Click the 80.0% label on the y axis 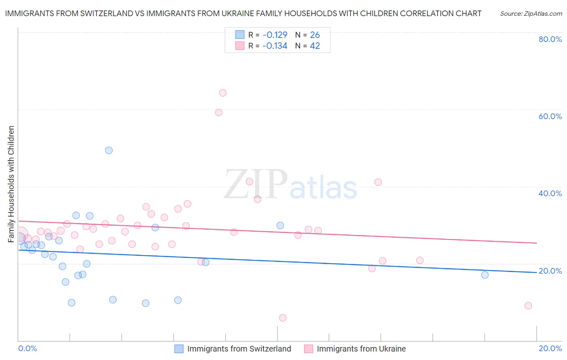(550, 39)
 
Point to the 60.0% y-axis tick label (550, 116)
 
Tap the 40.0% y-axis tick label (550, 193)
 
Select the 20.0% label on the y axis (550, 271)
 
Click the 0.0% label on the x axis (27, 348)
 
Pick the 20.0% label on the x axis (550, 348)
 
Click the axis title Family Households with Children (11, 184)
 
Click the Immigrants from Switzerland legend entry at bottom (239, 349)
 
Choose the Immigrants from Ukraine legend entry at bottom (361, 349)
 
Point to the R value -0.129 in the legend (275, 35)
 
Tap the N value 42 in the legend (315, 46)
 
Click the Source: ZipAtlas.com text (531, 14)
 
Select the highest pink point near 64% (223, 93)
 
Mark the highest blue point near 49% (109, 150)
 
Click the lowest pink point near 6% (283, 318)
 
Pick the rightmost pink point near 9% (528, 306)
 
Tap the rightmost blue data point (485, 275)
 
